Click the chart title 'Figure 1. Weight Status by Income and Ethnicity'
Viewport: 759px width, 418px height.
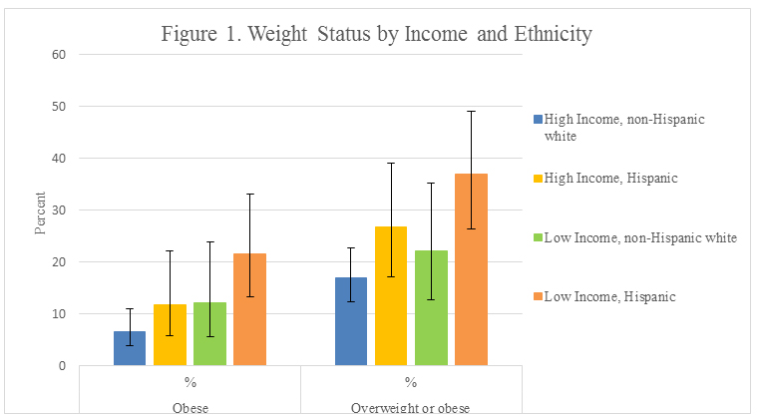[x=378, y=34]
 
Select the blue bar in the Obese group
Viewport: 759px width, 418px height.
[x=130, y=348]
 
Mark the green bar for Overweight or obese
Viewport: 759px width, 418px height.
[x=431, y=308]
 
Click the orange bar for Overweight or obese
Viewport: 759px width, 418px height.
[x=471, y=269]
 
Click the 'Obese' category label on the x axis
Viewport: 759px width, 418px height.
[x=190, y=408]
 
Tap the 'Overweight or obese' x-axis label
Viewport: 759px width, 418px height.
[x=410, y=408]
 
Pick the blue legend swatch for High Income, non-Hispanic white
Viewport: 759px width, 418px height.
[x=537, y=120]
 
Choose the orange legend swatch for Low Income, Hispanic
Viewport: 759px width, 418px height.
[x=537, y=295]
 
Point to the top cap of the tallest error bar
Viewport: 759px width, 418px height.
[x=471, y=111]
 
